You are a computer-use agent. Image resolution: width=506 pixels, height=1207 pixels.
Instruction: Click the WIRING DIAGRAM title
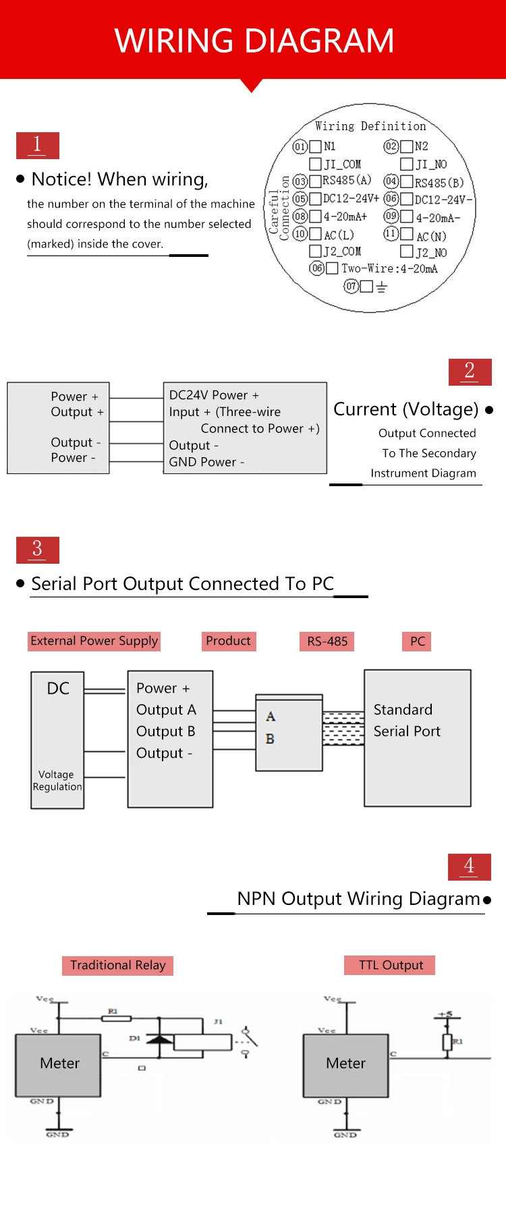[x=254, y=40]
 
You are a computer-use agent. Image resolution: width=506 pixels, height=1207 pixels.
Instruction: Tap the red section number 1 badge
[x=38, y=145]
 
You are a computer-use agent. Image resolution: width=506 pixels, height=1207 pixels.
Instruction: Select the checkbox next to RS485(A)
[x=315, y=181]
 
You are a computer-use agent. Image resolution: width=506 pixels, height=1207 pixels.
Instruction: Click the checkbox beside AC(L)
[x=315, y=234]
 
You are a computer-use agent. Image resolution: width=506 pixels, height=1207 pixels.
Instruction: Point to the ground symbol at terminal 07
[x=382, y=287]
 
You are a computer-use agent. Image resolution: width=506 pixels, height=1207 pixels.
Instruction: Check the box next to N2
[x=406, y=146]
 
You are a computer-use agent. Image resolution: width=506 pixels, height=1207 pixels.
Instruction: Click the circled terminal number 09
[x=391, y=216]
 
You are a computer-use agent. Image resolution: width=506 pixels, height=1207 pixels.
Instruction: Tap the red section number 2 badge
[x=470, y=372]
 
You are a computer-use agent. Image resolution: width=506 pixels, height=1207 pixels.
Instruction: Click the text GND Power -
[x=206, y=462]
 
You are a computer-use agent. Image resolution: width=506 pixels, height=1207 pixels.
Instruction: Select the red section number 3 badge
[x=38, y=550]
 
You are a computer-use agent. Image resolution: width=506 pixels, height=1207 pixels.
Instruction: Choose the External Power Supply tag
[x=94, y=641]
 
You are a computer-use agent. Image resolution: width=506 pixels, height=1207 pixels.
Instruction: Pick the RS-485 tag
[x=327, y=641]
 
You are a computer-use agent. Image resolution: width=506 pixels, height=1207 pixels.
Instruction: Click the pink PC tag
[x=418, y=641]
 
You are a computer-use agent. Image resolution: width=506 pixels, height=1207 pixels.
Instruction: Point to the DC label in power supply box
[x=58, y=688]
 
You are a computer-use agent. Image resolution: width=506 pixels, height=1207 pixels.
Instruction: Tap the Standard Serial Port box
[x=418, y=738]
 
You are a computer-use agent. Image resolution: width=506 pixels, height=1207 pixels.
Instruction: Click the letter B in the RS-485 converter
[x=270, y=739]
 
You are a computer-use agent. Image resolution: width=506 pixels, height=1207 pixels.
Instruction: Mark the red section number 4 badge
[x=470, y=866]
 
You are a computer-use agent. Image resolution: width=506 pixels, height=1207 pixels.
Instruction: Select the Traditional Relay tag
[x=118, y=966]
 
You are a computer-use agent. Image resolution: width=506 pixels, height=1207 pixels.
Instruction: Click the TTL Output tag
[x=391, y=966]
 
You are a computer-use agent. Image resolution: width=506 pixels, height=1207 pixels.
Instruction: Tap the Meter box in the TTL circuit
[x=345, y=1063]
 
